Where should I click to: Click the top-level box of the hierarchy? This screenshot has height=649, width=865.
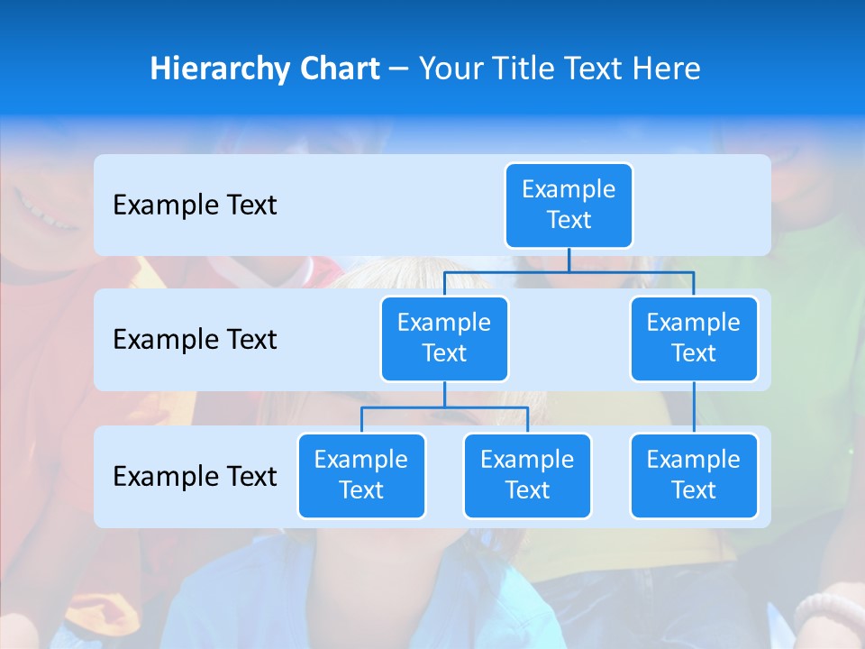click(569, 205)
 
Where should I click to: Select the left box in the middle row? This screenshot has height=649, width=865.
click(444, 338)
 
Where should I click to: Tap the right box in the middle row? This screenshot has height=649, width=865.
click(694, 338)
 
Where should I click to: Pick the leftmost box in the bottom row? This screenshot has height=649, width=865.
click(361, 475)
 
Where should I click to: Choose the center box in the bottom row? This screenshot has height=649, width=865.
click(527, 475)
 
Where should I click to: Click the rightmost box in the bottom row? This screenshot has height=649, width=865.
click(694, 475)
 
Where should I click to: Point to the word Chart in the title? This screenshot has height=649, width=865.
click(335, 69)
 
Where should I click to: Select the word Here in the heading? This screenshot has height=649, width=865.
click(666, 69)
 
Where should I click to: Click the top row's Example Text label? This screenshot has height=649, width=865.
click(195, 206)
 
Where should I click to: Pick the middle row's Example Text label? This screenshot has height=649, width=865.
click(195, 340)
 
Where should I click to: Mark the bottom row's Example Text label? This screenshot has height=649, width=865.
click(195, 477)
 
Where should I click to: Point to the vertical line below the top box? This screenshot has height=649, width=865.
click(569, 260)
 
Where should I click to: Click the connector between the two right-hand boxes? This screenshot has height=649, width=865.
click(694, 407)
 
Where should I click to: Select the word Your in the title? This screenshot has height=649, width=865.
click(450, 69)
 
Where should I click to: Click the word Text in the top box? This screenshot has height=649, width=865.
click(569, 220)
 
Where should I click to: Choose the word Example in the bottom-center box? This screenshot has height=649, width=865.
click(527, 460)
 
